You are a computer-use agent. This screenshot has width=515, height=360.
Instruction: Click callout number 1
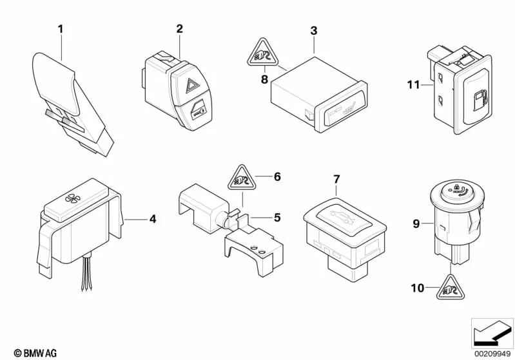point(61,28)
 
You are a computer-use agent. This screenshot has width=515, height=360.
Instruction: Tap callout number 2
point(179,28)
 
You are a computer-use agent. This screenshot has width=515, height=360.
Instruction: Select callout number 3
point(314,30)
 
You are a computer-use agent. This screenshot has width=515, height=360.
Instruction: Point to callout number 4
point(152,219)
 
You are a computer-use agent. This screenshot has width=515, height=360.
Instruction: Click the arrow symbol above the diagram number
point(491,332)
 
